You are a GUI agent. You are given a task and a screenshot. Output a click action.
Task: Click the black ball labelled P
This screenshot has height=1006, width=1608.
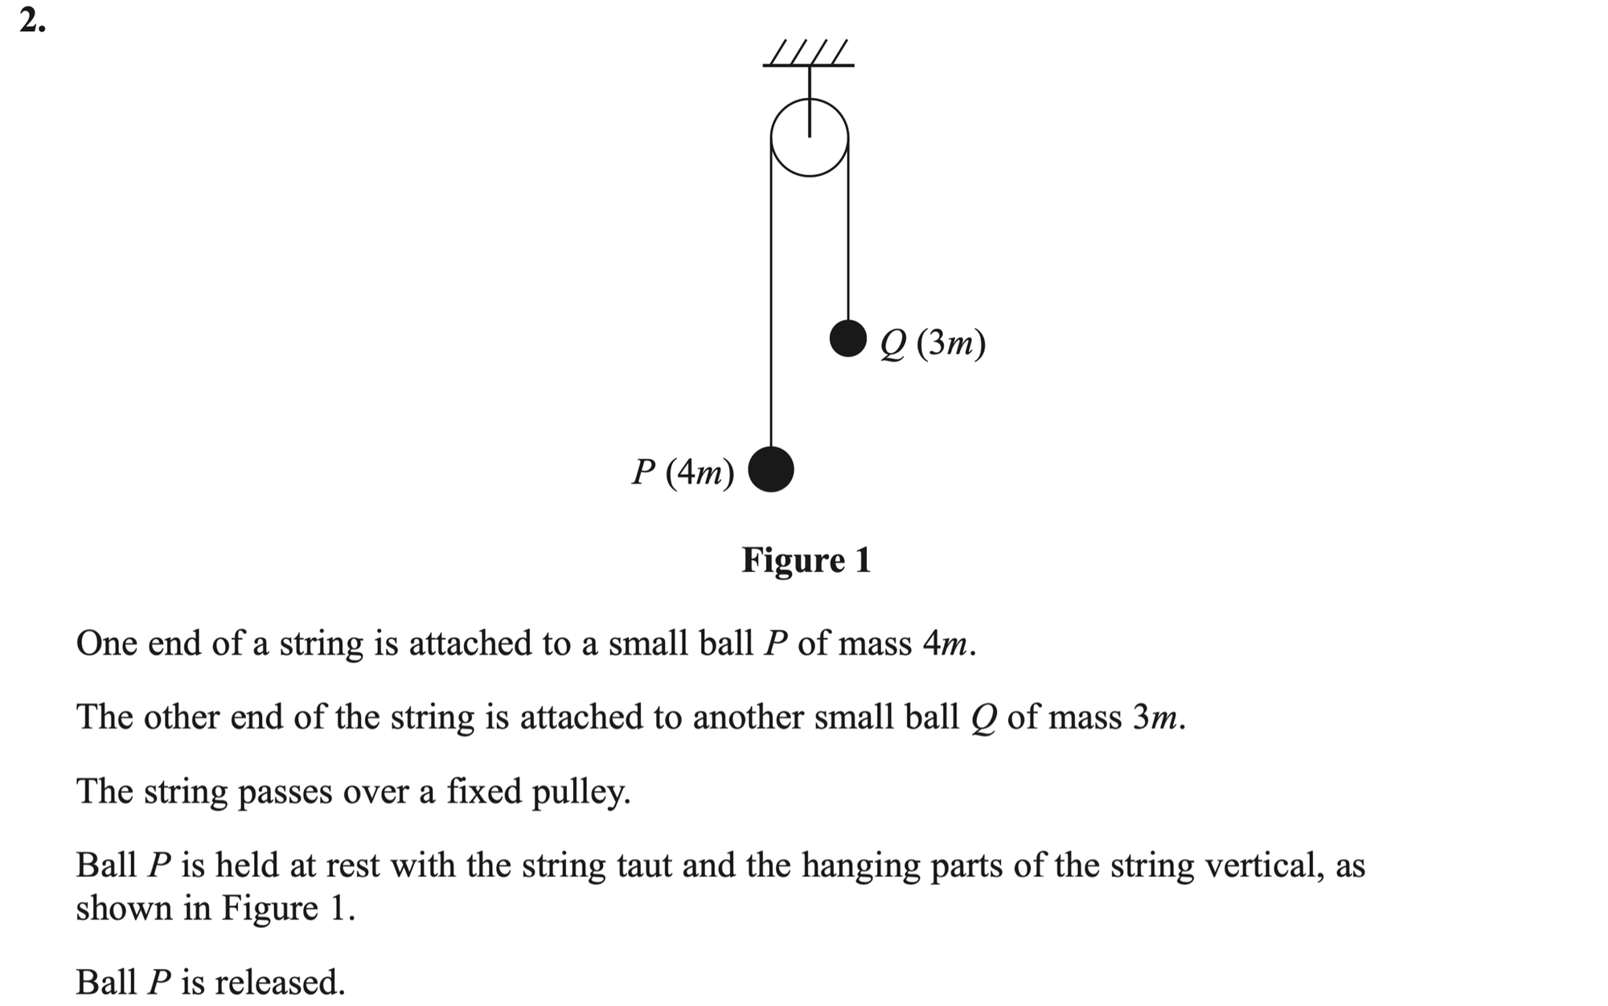771,469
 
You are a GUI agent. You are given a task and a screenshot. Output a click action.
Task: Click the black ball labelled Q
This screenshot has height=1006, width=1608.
848,338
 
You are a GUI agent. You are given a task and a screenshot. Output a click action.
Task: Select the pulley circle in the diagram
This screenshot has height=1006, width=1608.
810,137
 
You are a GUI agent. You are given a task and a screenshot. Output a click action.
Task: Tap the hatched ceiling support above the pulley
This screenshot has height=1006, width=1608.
808,54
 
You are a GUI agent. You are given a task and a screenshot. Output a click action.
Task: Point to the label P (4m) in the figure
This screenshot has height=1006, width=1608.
683,472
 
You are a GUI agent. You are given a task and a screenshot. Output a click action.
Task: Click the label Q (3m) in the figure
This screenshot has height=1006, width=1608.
933,343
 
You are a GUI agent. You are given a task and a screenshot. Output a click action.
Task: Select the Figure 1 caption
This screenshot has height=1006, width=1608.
806,560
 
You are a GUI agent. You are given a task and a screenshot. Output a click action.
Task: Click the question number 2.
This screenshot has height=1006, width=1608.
32,22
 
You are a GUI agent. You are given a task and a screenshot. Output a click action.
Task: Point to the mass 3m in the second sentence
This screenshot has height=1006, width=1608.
1156,717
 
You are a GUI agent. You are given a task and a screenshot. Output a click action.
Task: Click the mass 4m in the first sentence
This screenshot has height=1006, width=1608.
946,644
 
